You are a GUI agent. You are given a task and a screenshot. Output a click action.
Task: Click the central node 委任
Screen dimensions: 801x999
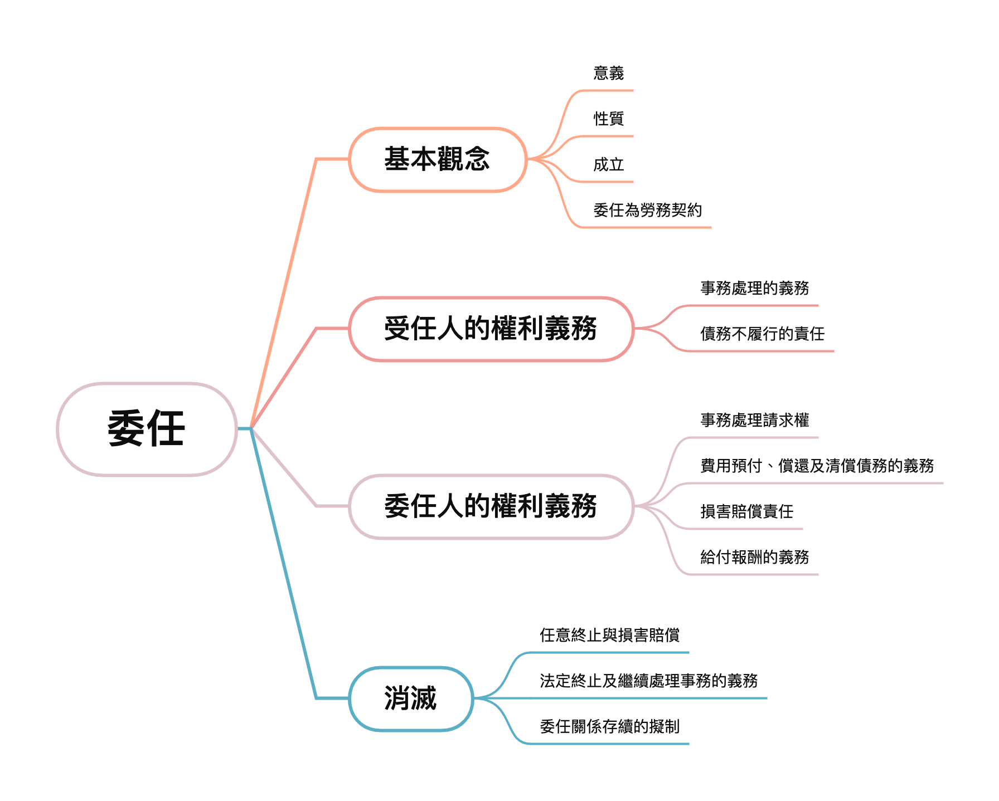point(147,428)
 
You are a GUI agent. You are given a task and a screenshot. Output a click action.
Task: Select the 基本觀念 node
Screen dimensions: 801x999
point(438,159)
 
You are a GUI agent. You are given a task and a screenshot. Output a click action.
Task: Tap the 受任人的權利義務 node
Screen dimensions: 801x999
point(491,329)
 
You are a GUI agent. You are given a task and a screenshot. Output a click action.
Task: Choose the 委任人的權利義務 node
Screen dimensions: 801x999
point(491,506)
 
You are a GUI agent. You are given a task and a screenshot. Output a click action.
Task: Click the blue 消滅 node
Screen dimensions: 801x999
point(411,699)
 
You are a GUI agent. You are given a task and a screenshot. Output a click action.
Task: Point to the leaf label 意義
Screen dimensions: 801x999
point(608,73)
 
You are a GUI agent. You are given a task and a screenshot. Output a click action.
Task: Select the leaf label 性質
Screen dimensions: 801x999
point(608,119)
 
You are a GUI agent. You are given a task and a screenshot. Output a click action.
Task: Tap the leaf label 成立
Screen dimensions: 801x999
point(608,164)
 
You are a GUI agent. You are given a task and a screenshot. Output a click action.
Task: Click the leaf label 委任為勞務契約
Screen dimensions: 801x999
point(647,210)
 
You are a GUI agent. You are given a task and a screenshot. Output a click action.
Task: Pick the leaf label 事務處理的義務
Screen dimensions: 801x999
point(754,288)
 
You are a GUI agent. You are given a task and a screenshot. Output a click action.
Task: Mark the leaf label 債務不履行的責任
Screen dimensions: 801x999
point(762,334)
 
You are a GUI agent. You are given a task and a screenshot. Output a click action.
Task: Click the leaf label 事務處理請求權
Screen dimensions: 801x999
point(754,420)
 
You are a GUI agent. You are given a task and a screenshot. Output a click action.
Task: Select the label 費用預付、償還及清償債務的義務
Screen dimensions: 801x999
point(817,466)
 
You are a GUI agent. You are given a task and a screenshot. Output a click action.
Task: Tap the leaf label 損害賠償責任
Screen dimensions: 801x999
point(746,511)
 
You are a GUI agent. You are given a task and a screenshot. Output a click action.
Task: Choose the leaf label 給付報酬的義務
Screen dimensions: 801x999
point(754,557)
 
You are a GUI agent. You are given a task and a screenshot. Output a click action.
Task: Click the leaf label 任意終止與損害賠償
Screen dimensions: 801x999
point(609,635)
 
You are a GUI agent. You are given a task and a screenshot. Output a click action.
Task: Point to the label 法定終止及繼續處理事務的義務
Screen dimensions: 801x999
point(648,681)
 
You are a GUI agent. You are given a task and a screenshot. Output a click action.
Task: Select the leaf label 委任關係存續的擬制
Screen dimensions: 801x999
point(609,726)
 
